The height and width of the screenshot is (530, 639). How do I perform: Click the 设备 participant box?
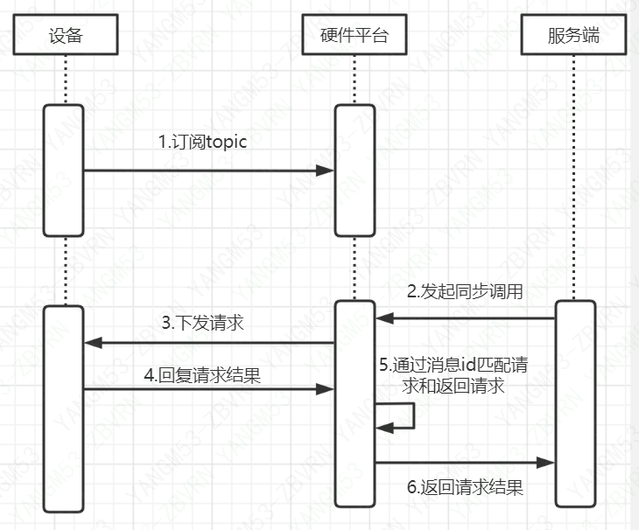[x=65, y=37]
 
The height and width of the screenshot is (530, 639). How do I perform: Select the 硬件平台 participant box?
[x=355, y=37]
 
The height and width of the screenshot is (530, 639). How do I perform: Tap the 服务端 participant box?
[x=574, y=37]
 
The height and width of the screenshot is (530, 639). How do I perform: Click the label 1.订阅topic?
[x=202, y=143]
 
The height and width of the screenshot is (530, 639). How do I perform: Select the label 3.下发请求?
[x=202, y=323]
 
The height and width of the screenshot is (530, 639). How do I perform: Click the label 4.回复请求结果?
[x=202, y=376]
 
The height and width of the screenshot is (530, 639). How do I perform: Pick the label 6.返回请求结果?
[x=465, y=488]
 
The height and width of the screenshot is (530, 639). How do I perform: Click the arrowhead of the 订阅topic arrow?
[x=327, y=171]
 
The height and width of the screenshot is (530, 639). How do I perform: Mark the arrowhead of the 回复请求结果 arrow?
[x=327, y=388]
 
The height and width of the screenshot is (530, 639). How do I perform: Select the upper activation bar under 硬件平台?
[x=355, y=170]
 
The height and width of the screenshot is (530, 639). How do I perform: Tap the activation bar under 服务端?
[x=574, y=402]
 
